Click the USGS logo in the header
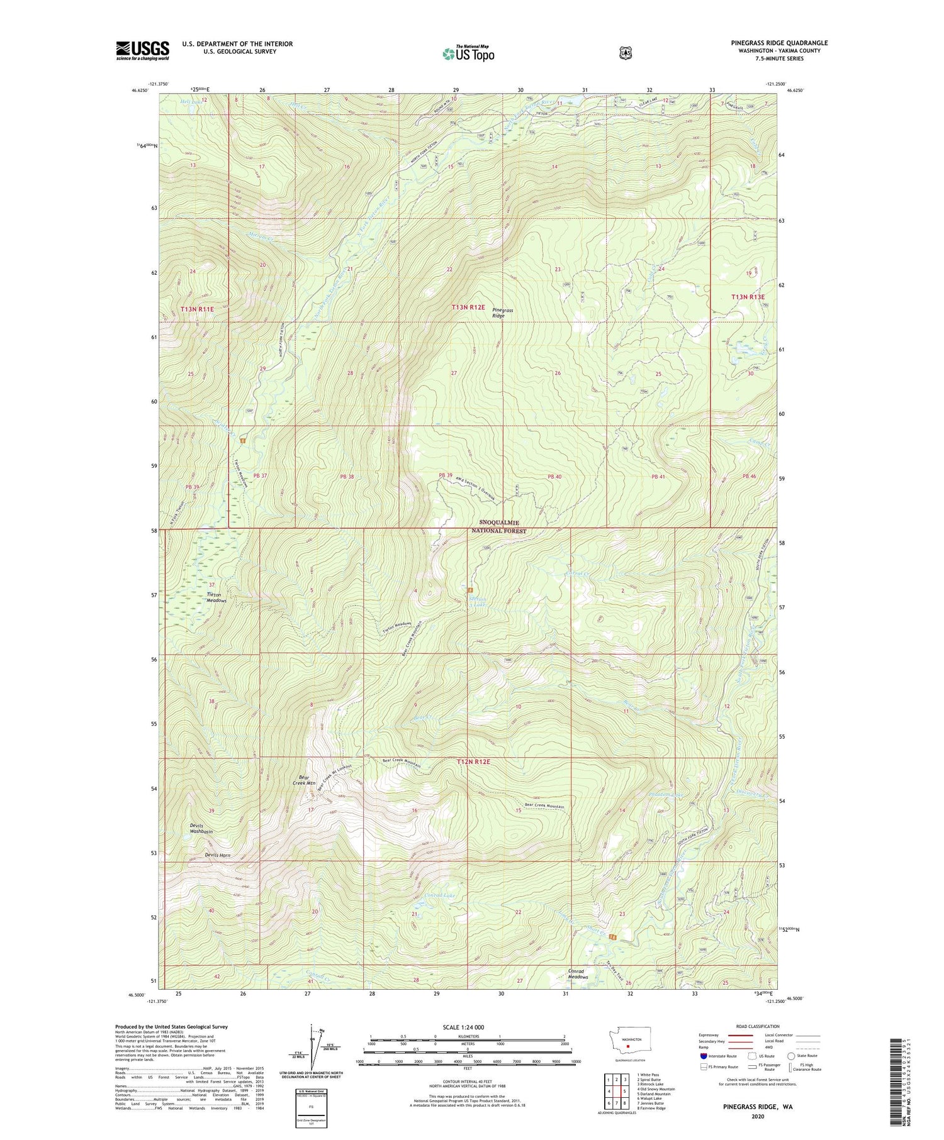(x=143, y=50)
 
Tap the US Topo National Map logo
(x=468, y=53)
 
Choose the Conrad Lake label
(x=439, y=895)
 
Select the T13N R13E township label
(x=748, y=297)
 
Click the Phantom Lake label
(x=665, y=795)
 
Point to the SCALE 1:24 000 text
(x=466, y=1027)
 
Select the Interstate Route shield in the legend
(x=704, y=1056)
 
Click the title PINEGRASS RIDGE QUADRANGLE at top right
(x=779, y=43)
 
